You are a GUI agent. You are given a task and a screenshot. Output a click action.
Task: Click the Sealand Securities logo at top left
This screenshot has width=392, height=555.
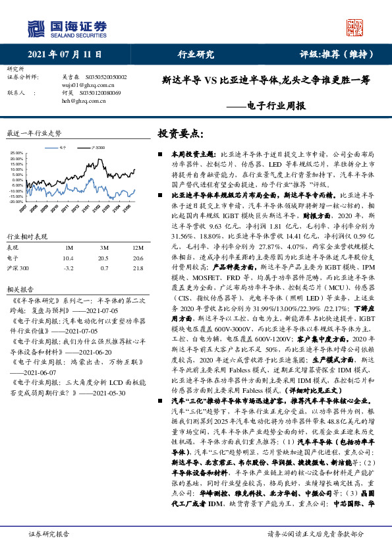tap(67, 28)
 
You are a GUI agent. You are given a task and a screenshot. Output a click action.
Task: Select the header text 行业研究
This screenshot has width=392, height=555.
tap(196, 54)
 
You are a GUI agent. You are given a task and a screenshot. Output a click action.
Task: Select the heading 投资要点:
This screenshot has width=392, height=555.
tap(179, 133)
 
